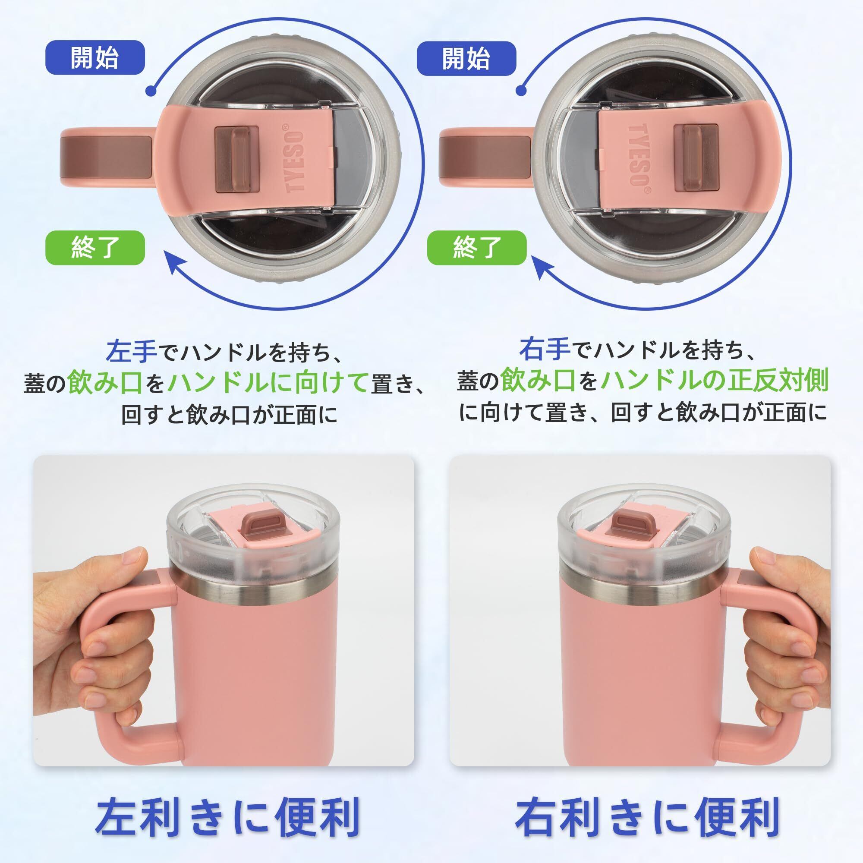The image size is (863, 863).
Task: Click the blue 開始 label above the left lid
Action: click(x=94, y=58)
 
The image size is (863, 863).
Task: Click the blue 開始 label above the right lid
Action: click(x=466, y=58)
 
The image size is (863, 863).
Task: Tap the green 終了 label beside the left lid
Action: click(x=94, y=247)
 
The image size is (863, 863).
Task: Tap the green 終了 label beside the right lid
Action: click(x=477, y=247)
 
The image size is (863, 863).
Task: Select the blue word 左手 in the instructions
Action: click(x=131, y=350)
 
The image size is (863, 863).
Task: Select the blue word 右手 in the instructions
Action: click(x=545, y=348)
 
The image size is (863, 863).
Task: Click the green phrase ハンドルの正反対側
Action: click(x=715, y=381)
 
